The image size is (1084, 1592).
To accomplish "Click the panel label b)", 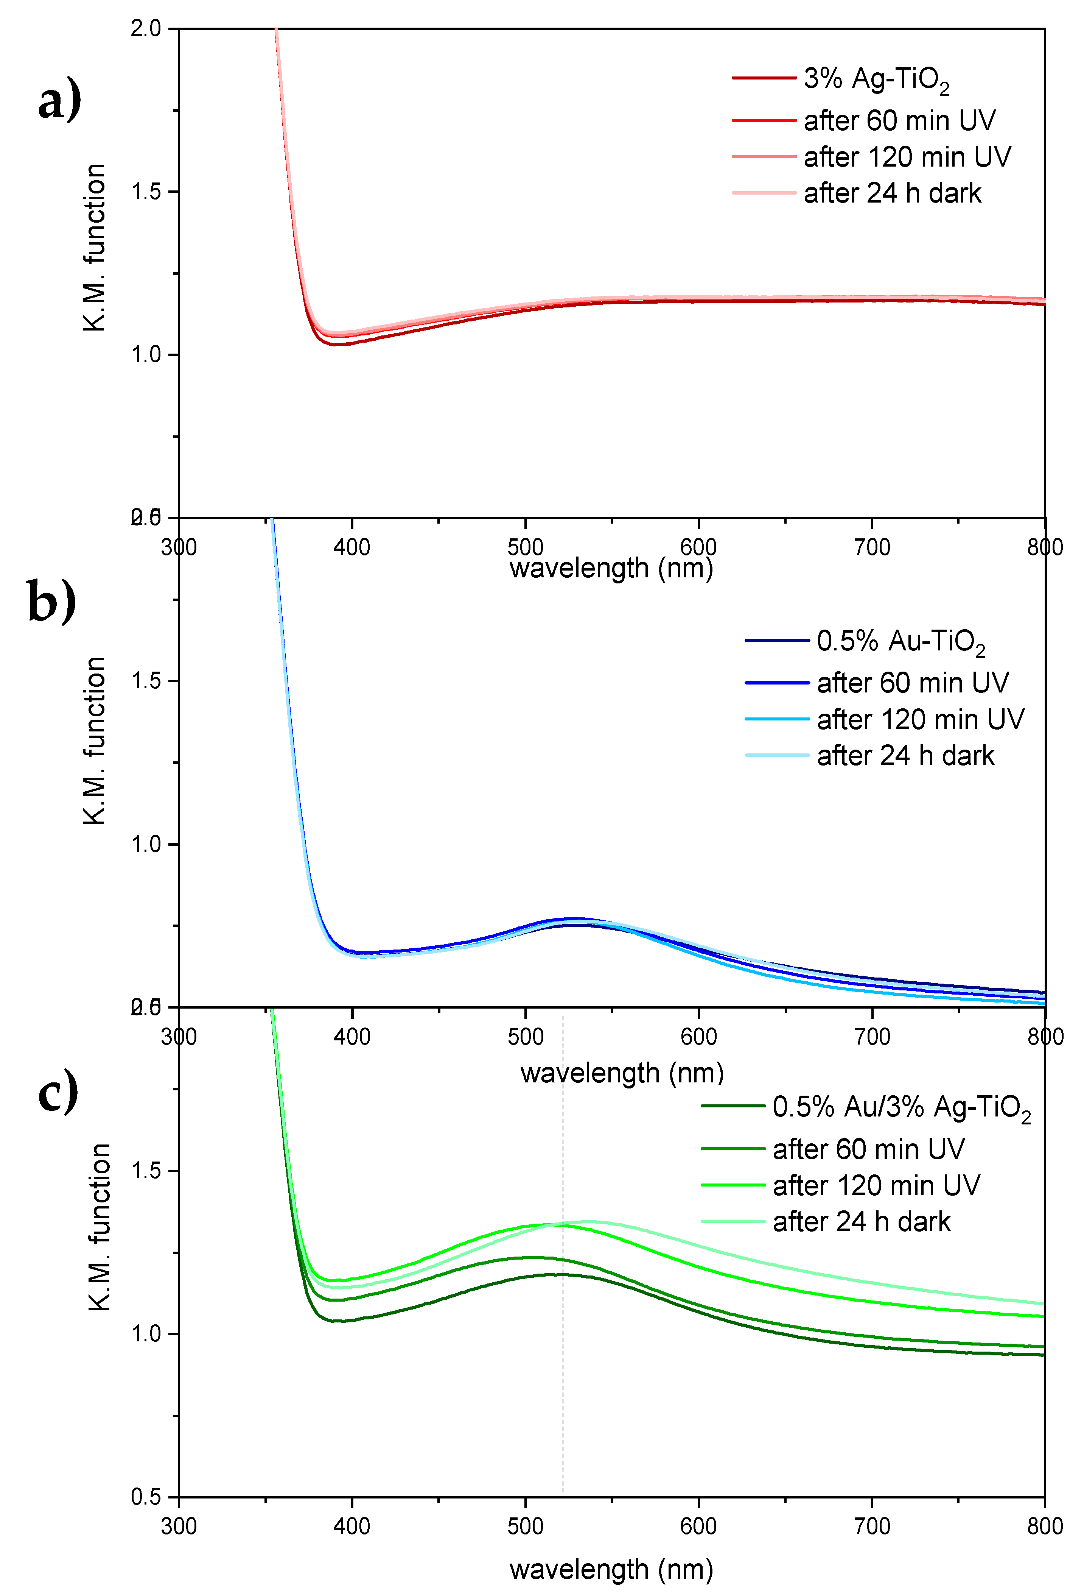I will pos(52,600).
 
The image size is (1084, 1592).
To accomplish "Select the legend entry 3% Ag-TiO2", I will pos(876,80).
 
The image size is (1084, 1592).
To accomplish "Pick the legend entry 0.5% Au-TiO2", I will pos(900,642).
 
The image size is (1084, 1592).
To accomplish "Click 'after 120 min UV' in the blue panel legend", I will pos(920,719).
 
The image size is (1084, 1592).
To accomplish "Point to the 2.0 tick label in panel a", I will pos(145,29).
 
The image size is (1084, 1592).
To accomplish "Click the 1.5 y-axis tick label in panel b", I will pos(145,681).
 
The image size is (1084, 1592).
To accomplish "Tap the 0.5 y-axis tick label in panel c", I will pos(145,1497).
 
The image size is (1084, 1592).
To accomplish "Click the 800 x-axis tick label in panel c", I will pos(1044,1526).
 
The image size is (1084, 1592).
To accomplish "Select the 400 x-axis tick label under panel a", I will pos(352,547).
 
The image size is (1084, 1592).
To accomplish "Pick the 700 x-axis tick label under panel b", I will pos(872,1037).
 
